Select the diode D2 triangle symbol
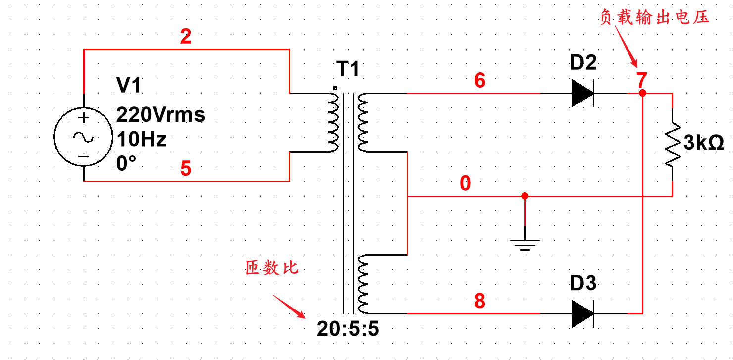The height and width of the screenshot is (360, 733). click(582, 93)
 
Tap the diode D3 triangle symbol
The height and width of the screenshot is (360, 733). click(582, 313)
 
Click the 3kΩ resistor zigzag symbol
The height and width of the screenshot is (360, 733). click(672, 144)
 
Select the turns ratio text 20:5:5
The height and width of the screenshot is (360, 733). click(348, 328)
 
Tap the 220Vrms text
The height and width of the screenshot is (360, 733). click(160, 115)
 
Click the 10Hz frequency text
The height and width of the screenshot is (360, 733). click(141, 140)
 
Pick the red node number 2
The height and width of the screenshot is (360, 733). click(186, 37)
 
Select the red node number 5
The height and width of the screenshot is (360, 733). click(186, 169)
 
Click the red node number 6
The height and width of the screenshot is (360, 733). click(479, 81)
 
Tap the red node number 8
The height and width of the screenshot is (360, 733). click(479, 301)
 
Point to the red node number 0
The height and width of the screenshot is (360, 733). click(465, 184)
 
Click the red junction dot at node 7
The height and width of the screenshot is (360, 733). click(642, 93)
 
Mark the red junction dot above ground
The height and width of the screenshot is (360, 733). click(525, 196)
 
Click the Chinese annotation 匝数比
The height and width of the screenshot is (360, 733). click(272, 268)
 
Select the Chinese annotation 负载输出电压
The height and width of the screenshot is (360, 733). click(655, 18)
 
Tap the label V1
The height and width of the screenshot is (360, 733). click(129, 86)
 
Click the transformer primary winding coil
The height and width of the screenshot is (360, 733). click(332, 121)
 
